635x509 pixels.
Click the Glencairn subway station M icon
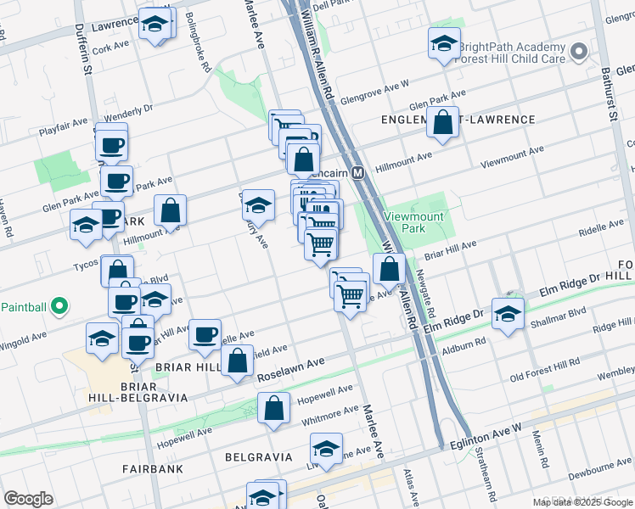[x=358, y=172]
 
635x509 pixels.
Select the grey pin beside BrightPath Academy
[x=580, y=53]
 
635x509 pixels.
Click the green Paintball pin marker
[x=58, y=305]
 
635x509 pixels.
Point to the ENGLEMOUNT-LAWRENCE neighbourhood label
[x=458, y=120]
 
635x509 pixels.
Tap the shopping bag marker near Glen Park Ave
[x=443, y=122]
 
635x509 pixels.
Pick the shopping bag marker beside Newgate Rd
[x=389, y=269]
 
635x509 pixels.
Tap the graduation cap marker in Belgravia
[x=326, y=448]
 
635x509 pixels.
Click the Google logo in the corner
[x=28, y=499]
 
